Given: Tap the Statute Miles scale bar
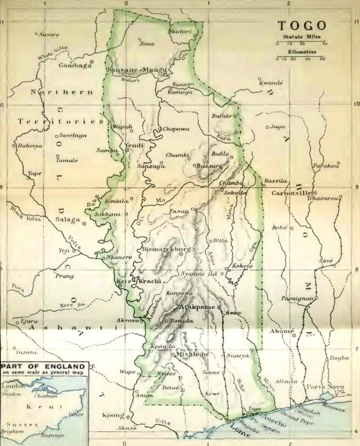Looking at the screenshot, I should pos(300,43).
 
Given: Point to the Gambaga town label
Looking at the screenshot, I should pos(75,66).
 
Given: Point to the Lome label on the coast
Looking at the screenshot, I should pos(239,432).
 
